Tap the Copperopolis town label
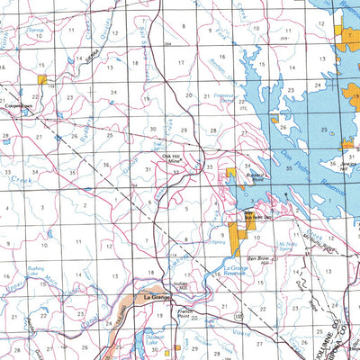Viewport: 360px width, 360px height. pos(15,105)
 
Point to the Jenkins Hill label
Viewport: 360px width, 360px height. pos(349,166)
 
